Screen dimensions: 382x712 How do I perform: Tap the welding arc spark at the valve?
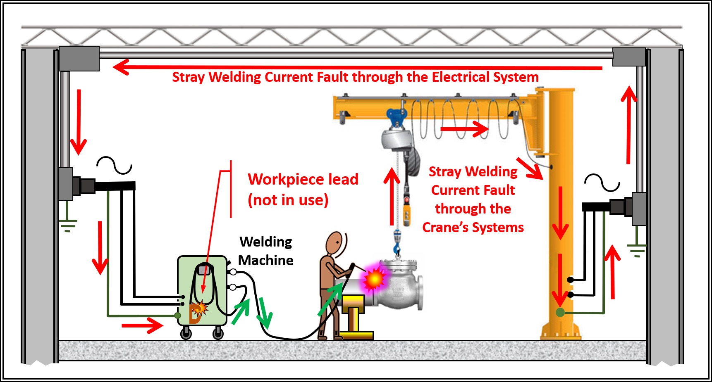coord(374,279)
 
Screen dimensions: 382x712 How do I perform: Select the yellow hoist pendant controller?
coord(407,215)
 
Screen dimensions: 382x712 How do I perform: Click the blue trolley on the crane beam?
coord(396,117)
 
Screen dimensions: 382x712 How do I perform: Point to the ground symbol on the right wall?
coord(637,250)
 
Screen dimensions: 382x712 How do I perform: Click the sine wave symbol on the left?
coord(114,165)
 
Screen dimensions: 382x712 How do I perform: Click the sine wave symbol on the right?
coord(602,183)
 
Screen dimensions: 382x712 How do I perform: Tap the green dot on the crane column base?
coord(560,313)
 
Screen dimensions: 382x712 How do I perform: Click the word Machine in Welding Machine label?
coord(265,261)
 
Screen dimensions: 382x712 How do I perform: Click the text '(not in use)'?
coord(288,200)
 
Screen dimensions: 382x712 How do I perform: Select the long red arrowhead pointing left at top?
coord(121,67)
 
